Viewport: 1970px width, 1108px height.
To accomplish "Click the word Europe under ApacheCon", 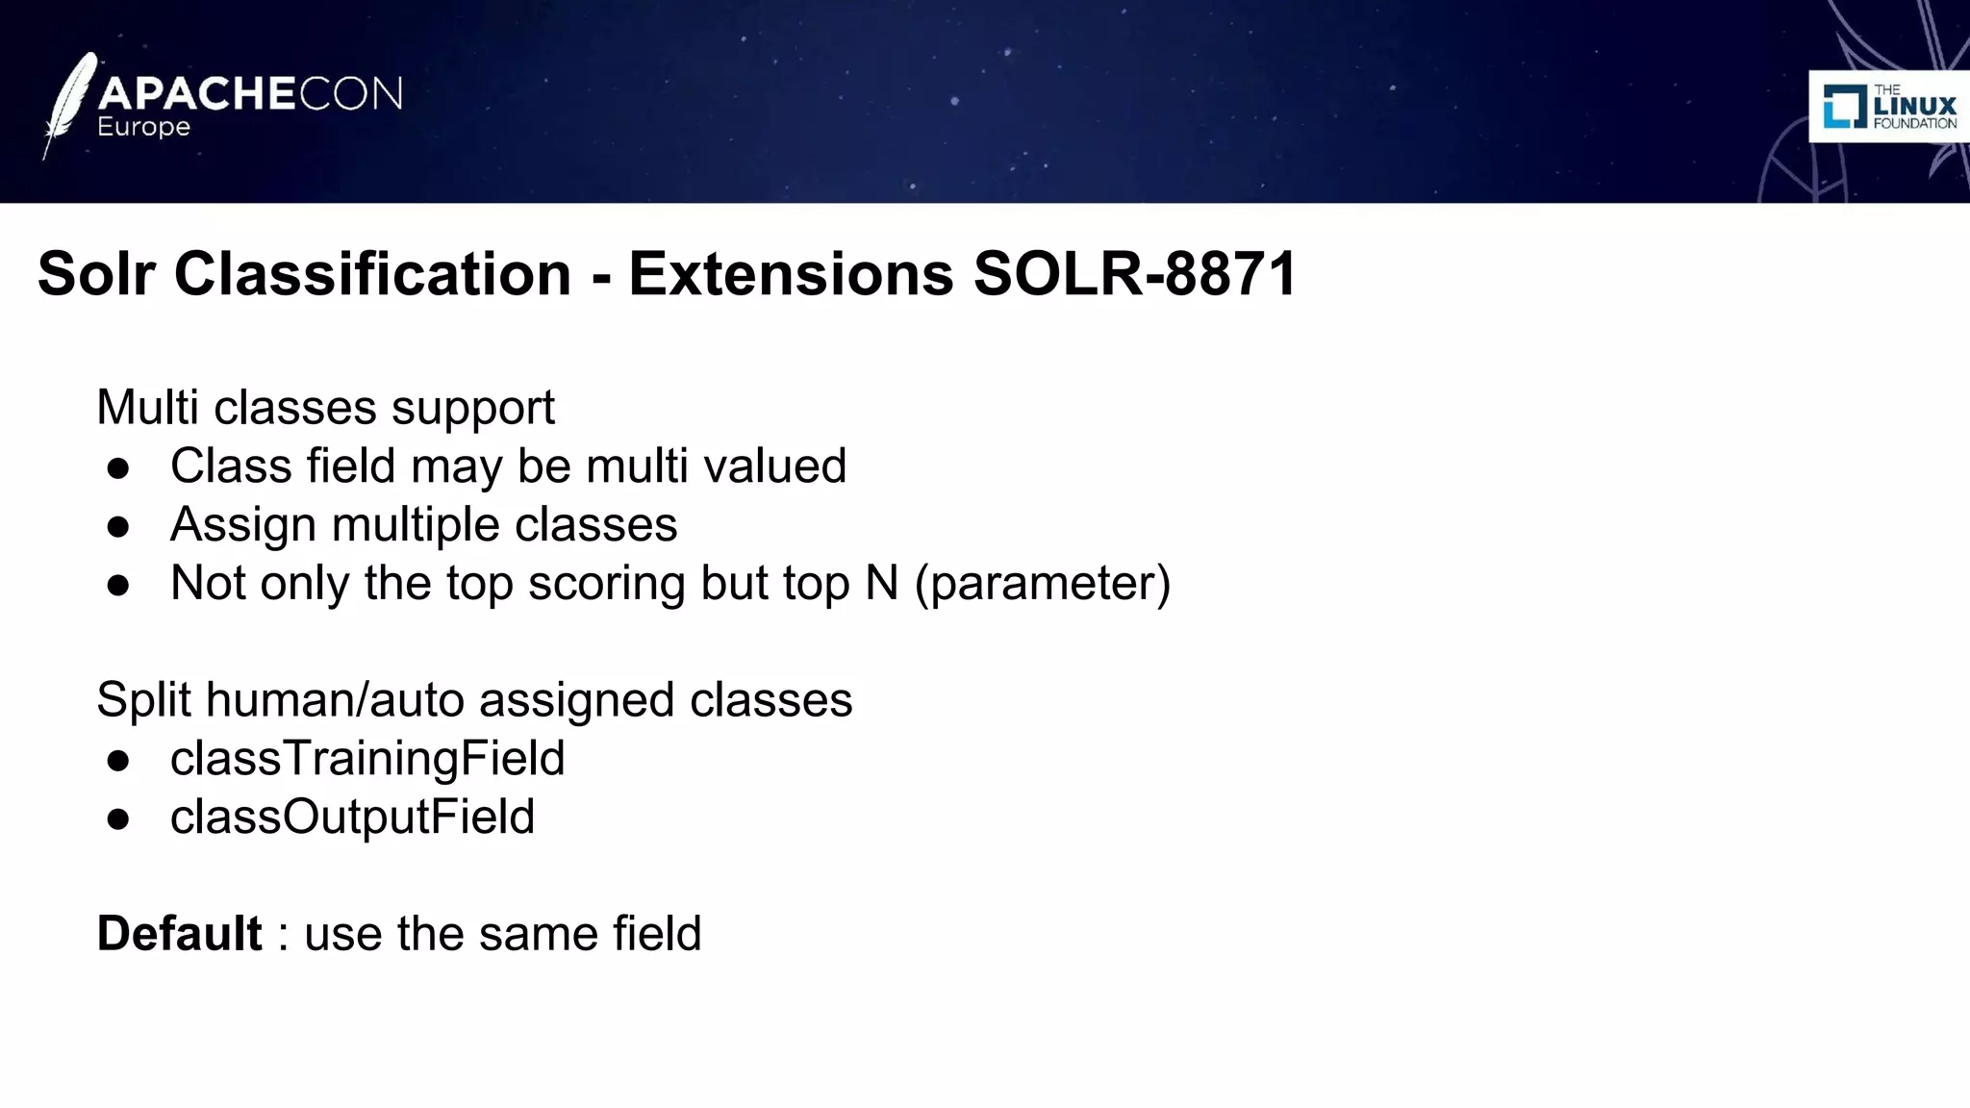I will pyautogui.click(x=143, y=128).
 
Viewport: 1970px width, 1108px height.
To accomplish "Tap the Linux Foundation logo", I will pyautogui.click(x=1889, y=107).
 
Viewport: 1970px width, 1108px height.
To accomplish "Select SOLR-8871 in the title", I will pyautogui.click(x=1135, y=274).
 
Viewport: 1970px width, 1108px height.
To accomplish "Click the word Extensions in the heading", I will pyautogui.click(x=791, y=274).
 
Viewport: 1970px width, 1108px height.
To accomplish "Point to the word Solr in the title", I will pyautogui.click(x=96, y=274).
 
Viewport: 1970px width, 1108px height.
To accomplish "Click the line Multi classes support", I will pyautogui.click(x=325, y=407).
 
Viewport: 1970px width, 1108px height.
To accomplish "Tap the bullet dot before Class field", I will pyautogui.click(x=118, y=468).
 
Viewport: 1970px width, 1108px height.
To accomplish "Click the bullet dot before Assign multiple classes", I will pyautogui.click(x=118, y=527).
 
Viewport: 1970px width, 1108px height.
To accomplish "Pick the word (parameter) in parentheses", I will pyautogui.click(x=1043, y=584).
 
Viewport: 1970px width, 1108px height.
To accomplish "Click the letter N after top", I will pyautogui.click(x=881, y=583).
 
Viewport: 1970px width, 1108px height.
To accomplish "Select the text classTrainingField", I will pyautogui.click(x=367, y=759).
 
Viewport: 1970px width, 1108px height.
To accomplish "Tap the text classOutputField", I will pyautogui.click(x=352, y=818).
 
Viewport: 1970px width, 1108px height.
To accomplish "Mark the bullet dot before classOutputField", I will pyautogui.click(x=118, y=819).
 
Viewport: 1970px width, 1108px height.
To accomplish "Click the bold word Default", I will pyautogui.click(x=180, y=934).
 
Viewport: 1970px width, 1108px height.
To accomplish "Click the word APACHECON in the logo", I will pyautogui.click(x=250, y=94).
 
